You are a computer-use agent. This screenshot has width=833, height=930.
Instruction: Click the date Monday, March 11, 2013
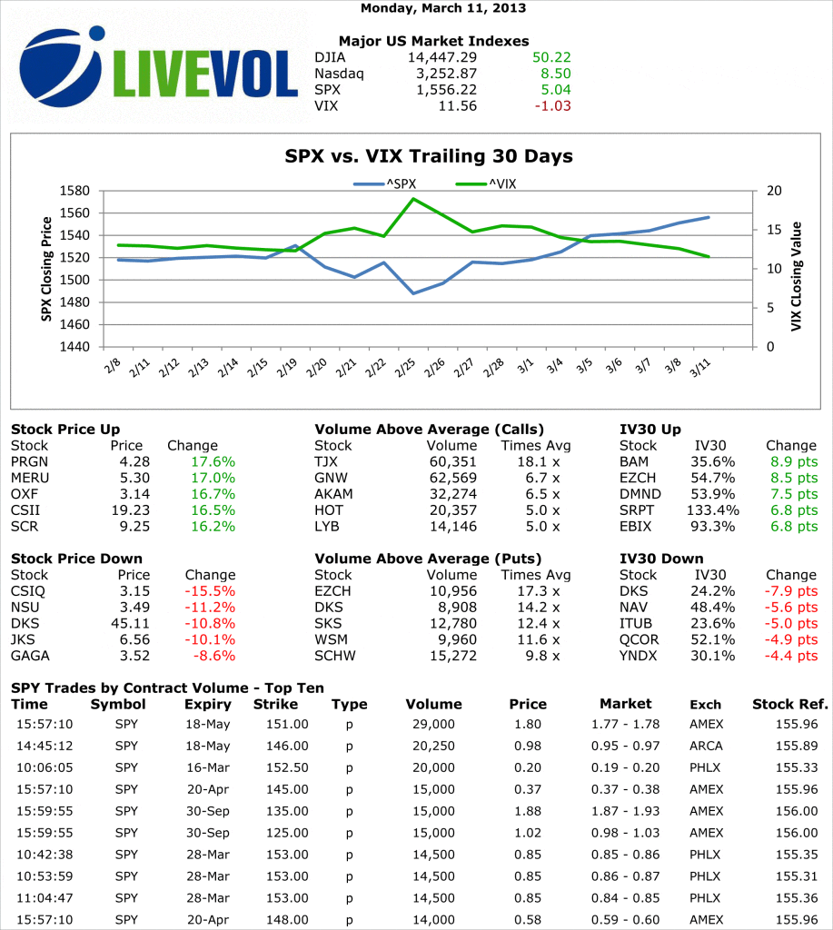click(443, 8)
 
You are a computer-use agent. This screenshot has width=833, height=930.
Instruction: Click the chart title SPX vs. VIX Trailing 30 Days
click(429, 156)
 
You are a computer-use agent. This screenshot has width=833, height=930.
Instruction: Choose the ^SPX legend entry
click(385, 184)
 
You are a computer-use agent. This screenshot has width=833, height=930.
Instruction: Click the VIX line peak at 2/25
click(413, 199)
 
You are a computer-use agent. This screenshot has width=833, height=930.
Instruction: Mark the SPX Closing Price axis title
click(45, 270)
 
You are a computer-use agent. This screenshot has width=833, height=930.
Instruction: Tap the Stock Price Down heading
click(77, 559)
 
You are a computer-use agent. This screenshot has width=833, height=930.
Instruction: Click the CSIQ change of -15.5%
click(210, 591)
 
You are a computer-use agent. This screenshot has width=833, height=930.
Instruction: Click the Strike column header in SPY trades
click(275, 704)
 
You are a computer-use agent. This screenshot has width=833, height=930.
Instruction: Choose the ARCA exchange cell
click(707, 746)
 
